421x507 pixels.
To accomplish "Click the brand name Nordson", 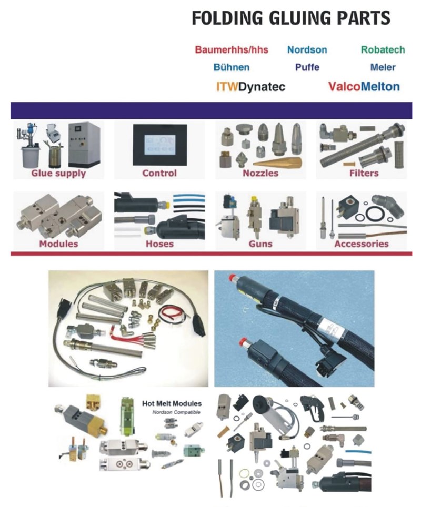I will point(307,50).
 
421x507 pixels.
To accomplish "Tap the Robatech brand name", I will point(383,50).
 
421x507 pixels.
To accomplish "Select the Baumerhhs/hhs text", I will point(232,50).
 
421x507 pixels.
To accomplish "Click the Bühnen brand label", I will point(232,67).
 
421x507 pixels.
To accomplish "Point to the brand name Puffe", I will point(307,67).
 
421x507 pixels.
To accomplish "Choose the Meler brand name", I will point(383,67).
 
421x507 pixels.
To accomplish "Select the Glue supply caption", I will point(58,173).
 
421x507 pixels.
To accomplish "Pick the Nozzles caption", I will point(260,173).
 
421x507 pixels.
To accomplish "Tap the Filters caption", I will point(364,173).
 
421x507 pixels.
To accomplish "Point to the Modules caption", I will point(58,244).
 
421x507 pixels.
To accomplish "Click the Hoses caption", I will point(159,244).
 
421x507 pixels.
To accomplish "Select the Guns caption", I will point(260,244).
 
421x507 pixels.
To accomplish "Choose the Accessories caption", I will point(361,244).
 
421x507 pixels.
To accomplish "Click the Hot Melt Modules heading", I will point(172,403).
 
